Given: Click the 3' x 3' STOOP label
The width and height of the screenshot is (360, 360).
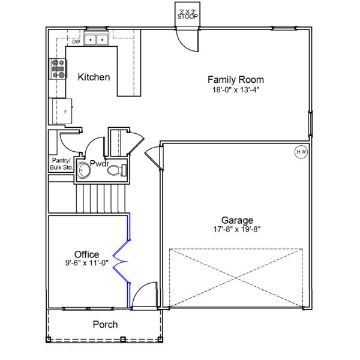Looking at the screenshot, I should (188, 14).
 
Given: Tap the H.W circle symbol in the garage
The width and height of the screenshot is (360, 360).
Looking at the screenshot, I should (301, 152).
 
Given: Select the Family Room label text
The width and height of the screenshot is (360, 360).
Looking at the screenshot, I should (235, 79).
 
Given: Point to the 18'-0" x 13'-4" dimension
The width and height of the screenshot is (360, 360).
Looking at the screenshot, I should (235, 89).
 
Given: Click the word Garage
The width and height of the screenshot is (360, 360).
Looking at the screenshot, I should (236, 220).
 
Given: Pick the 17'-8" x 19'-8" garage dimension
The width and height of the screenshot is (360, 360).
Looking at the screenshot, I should (236, 229).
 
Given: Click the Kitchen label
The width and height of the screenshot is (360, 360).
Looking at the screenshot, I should (94, 77).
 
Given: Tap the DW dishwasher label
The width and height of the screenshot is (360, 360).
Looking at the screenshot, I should (76, 42).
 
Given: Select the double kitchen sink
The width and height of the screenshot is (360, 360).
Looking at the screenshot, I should (95, 40).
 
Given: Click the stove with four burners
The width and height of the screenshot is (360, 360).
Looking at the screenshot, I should (58, 70).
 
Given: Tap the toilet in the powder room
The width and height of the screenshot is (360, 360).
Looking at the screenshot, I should (116, 171).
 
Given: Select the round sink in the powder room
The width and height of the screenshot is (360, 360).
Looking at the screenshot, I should (83, 171).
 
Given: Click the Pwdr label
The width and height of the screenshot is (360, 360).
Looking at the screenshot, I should (99, 163).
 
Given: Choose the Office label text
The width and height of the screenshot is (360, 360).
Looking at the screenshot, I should (86, 254).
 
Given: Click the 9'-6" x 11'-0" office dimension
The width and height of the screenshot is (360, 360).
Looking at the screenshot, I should (86, 263).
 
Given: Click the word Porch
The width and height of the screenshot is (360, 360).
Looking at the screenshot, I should (105, 325).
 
